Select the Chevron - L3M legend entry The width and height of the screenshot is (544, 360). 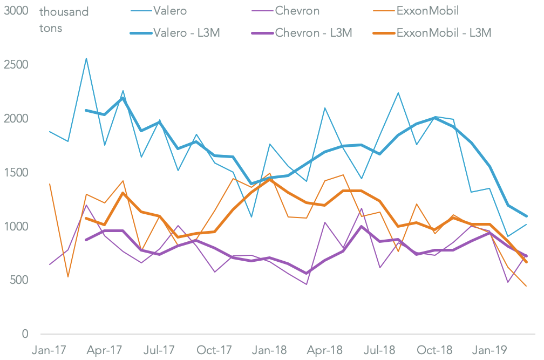[314, 33]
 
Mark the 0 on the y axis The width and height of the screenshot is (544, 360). [25, 335]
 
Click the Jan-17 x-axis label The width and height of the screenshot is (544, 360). [50, 350]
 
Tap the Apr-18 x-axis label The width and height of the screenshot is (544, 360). [324, 350]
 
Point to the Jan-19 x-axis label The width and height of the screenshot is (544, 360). [489, 350]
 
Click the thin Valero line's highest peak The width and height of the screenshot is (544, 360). [86, 58]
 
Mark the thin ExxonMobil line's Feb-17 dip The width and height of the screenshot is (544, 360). [68, 277]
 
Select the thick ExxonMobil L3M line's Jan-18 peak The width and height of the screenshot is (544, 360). [269, 179]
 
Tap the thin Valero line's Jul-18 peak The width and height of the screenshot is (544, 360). [398, 93]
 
